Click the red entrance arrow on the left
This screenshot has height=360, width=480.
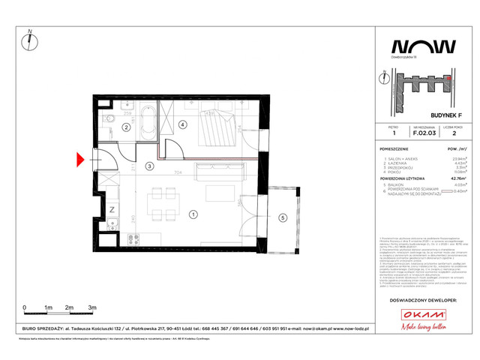[x=81, y=159]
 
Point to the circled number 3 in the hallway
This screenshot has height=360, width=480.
[x=182, y=124]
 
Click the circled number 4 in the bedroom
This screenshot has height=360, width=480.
[x=282, y=218]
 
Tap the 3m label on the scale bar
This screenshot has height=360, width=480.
[x=91, y=308]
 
